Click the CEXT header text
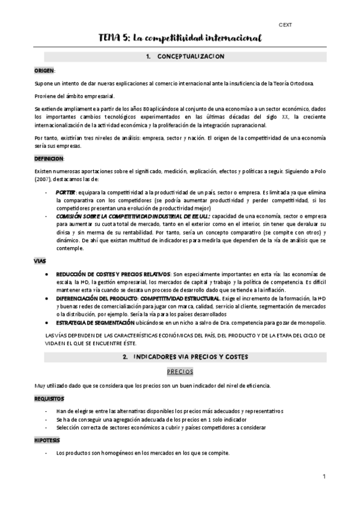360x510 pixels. (285, 25)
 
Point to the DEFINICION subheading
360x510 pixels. (49, 158)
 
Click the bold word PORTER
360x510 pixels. (66, 191)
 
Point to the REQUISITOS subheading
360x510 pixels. (49, 398)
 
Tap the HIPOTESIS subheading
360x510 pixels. (47, 440)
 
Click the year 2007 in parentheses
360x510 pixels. (42, 180)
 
